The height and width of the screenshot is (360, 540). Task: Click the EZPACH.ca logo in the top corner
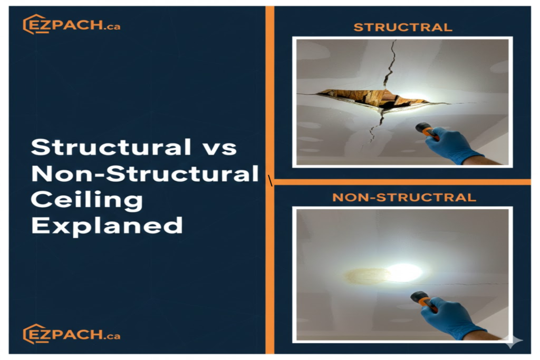[72, 24]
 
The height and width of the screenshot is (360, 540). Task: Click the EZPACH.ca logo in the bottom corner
[72, 334]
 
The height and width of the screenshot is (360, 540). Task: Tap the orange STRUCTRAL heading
[402, 27]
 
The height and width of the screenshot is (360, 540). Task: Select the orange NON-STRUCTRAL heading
[404, 197]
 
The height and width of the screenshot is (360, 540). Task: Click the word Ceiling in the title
[87, 200]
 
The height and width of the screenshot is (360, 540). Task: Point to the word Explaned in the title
[107, 226]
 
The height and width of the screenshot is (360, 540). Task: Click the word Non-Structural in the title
[144, 173]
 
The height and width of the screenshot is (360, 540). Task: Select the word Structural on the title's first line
[111, 147]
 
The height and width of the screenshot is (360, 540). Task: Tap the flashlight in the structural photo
[427, 132]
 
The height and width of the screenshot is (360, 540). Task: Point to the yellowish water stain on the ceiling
[367, 276]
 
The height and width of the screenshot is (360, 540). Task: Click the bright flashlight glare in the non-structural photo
[404, 272]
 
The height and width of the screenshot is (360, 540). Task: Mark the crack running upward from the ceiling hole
[389, 64]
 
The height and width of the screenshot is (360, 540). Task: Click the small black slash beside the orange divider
[271, 180]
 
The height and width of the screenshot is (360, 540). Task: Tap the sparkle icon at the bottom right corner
[514, 340]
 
